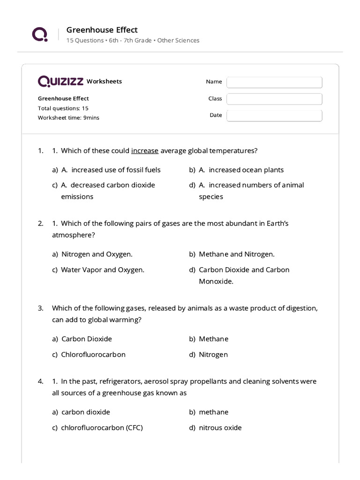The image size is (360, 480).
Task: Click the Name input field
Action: click(274, 82)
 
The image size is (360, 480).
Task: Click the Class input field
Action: click(274, 99)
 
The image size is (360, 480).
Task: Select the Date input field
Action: click(274, 115)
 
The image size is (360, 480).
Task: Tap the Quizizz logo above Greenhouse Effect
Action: click(61, 82)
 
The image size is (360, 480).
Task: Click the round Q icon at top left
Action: click(39, 34)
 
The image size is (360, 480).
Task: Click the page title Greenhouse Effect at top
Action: click(102, 30)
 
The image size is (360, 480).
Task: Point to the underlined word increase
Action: click(145, 151)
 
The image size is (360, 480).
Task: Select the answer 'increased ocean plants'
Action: click(246, 170)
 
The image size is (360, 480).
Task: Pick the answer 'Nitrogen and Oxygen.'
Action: click(97, 254)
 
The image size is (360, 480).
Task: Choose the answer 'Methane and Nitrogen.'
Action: click(237, 254)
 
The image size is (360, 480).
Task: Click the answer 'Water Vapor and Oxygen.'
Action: click(103, 270)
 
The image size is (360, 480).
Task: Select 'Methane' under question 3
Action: click(213, 339)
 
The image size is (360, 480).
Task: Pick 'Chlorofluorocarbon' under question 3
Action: click(93, 354)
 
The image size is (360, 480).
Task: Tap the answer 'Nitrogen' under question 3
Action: click(213, 354)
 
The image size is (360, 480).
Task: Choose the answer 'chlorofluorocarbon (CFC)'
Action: click(102, 427)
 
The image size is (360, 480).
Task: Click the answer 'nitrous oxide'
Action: click(220, 427)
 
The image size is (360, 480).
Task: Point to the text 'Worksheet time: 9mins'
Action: click(68, 118)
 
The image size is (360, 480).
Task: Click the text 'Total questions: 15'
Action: click(63, 108)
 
